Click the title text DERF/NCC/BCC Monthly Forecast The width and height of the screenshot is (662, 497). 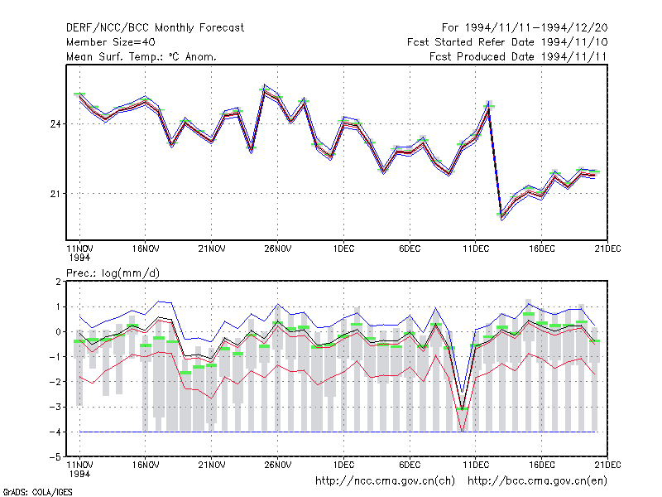[155, 28]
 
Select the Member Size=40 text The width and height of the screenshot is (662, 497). [111, 42]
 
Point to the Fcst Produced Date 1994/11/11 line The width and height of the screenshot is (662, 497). [518, 56]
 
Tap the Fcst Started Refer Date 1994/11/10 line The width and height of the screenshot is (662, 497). [507, 42]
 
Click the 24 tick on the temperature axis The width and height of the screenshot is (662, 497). [55, 124]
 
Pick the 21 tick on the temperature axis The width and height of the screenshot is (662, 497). [55, 194]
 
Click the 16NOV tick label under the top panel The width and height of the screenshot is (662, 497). [146, 249]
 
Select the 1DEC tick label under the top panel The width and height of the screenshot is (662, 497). [343, 249]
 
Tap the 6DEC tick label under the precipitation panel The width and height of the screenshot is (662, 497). [410, 465]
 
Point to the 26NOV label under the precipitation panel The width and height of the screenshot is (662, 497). [278, 465]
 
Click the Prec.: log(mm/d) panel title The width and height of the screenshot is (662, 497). [113, 273]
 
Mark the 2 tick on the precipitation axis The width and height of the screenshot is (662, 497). [58, 282]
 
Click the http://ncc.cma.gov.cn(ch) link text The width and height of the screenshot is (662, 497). [385, 481]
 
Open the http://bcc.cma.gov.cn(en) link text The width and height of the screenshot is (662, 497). [537, 481]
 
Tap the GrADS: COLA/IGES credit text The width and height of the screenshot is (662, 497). [37, 492]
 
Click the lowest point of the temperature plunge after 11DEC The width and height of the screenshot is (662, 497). [502, 220]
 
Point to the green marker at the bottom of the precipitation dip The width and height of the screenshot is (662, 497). [463, 408]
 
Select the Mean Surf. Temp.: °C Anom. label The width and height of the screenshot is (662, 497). [142, 56]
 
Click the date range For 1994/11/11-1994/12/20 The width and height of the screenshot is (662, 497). [525, 28]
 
